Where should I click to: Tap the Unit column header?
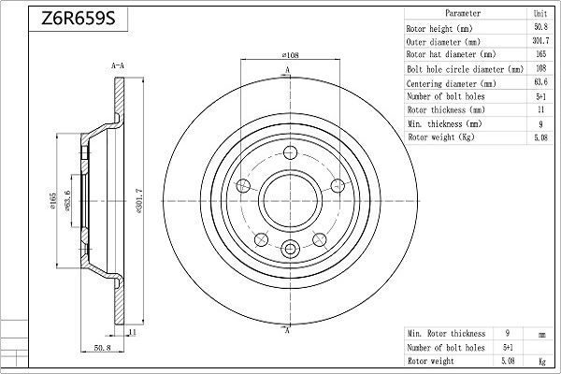tap(539, 15)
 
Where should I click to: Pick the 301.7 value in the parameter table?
tap(539, 42)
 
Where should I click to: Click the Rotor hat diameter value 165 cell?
tap(539, 55)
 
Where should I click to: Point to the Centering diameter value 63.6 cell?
tap(539, 82)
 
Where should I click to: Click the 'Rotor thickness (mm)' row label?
tap(445, 109)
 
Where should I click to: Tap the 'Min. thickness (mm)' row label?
tap(444, 123)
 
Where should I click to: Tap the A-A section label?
tap(119, 66)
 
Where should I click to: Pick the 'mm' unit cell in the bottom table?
tap(539, 333)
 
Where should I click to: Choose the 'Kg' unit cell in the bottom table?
tap(539, 359)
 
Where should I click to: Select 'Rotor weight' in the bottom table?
tap(432, 359)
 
